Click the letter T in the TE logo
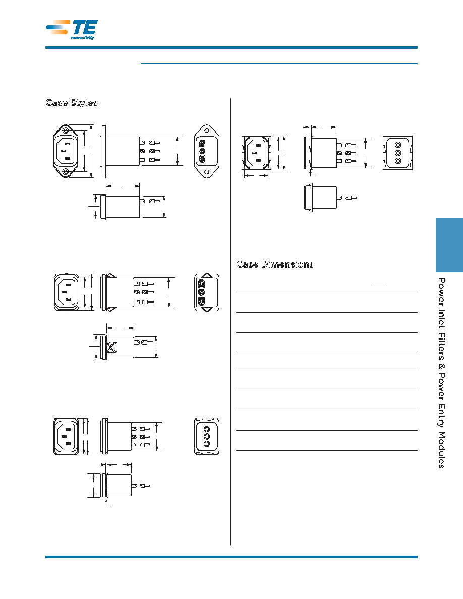coord(78,28)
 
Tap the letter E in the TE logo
coord(91,28)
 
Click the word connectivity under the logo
coord(82,37)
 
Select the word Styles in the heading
coord(84,103)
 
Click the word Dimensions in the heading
coord(287,264)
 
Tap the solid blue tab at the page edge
coord(449,245)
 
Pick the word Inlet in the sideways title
coord(441,319)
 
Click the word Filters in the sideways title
coord(441,346)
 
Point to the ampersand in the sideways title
coord(441,367)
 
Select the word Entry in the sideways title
coord(441,417)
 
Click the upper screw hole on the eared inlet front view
coord(66,131)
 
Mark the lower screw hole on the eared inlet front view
coord(66,172)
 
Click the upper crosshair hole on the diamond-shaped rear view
coord(207,131)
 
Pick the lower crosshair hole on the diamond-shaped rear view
coord(207,172)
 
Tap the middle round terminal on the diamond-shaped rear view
coord(202,152)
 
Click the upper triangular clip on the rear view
coord(207,275)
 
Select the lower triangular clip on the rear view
coord(207,309)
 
